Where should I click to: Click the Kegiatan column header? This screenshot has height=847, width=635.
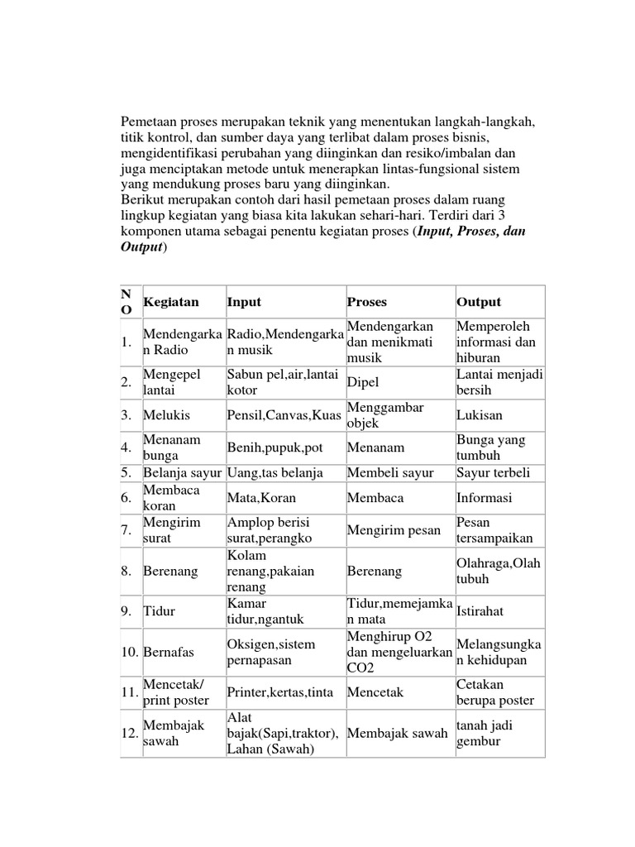click(171, 302)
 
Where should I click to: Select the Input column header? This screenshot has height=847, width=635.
click(244, 302)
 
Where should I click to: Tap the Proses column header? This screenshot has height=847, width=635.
click(367, 302)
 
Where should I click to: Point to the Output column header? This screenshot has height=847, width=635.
click(479, 302)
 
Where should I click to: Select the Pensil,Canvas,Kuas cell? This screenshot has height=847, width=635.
click(284, 415)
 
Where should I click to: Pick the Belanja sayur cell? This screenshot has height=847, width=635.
click(183, 473)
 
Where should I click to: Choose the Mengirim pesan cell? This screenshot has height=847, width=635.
click(394, 530)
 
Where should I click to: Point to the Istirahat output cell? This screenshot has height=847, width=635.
click(480, 610)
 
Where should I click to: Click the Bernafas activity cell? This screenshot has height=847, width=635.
click(169, 652)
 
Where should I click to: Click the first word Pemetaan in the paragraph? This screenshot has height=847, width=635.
click(150, 122)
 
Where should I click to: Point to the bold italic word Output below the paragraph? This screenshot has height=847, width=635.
click(141, 247)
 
